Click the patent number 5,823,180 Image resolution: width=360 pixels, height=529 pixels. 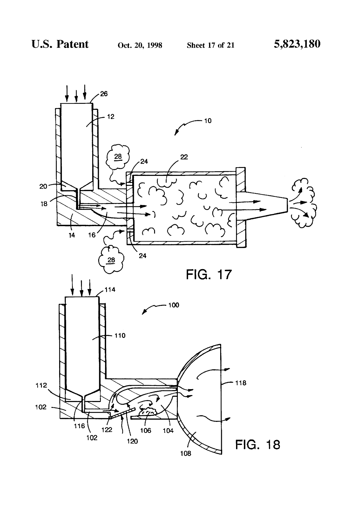point(297,44)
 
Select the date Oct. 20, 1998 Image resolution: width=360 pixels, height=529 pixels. point(140,45)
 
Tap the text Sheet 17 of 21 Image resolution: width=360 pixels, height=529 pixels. point(211,45)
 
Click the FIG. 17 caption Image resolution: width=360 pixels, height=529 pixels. point(209,274)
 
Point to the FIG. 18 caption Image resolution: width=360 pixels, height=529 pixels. point(258,445)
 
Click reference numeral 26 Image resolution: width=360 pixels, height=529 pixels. point(104,94)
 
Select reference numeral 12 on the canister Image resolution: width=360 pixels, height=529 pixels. point(111,117)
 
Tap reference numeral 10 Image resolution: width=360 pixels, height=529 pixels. point(208,121)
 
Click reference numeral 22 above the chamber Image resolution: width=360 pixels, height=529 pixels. point(184,157)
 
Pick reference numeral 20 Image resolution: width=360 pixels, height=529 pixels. point(43,186)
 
